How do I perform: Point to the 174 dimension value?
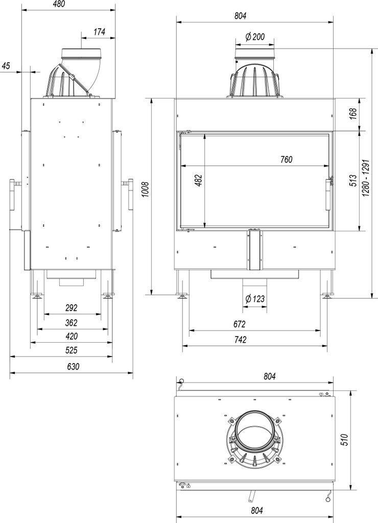coord(99,32)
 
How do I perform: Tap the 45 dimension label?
coord(6,65)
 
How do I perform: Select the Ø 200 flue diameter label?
coord(254,37)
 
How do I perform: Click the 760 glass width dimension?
coord(286,159)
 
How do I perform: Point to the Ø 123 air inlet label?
coord(254,299)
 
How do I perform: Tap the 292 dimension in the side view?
coord(71,308)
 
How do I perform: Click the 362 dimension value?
coord(71,322)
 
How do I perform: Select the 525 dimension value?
coord(71,350)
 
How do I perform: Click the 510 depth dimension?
coord(344,439)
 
